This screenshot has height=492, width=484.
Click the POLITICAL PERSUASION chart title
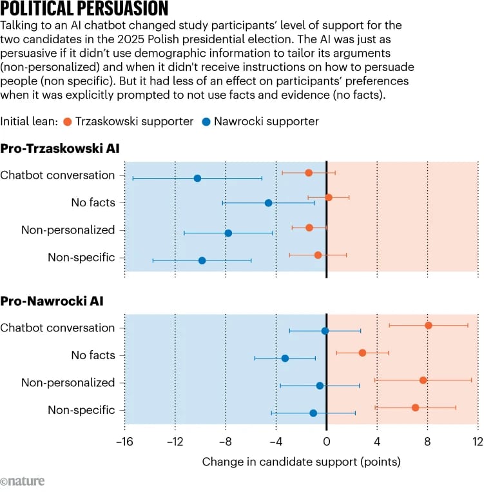coord(84,9)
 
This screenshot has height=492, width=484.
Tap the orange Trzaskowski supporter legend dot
coord(68,121)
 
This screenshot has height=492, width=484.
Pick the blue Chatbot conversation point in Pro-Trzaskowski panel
coord(197,178)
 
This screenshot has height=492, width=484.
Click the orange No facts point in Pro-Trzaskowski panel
coord(329,197)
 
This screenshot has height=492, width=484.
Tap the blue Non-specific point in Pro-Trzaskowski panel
coord(202,261)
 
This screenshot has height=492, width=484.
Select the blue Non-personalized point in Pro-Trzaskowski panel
coord(228,233)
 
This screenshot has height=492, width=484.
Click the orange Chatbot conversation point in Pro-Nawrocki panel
coord(429,326)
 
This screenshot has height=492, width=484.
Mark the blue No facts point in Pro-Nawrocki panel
coord(285,358)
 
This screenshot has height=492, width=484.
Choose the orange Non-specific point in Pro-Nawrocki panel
coord(416,408)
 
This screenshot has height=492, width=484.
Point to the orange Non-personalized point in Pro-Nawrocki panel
coord(423,380)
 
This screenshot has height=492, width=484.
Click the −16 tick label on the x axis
coord(123,442)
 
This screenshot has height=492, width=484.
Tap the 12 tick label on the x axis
coord(478,442)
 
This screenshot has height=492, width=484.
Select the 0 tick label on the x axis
coord(327,442)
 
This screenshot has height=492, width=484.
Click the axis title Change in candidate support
coord(301,462)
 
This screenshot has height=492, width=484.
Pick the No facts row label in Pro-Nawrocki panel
coord(93,355)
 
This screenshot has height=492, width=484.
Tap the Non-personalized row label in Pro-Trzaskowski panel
coord(68,230)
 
